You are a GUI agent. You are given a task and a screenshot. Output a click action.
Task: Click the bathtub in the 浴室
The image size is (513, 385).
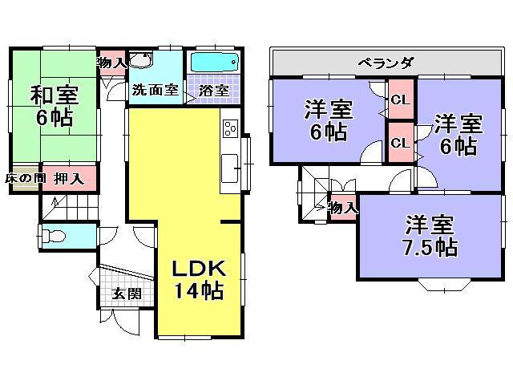click(x=215, y=63)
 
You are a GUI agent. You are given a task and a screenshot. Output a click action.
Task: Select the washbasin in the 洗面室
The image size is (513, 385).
click(x=142, y=63)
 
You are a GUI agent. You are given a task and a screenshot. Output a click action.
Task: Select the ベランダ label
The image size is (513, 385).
click(x=386, y=63)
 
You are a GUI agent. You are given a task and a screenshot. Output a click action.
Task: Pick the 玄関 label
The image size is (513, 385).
click(x=126, y=294)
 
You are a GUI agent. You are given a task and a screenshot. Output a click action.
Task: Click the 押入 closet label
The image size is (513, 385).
click(x=70, y=178)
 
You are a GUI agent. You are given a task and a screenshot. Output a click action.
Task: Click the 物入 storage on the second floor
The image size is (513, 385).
click(x=343, y=208)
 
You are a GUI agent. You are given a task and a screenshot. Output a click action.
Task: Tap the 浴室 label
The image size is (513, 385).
click(x=214, y=91)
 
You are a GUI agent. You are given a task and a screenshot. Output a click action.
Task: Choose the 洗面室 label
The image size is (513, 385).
click(x=156, y=91)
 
